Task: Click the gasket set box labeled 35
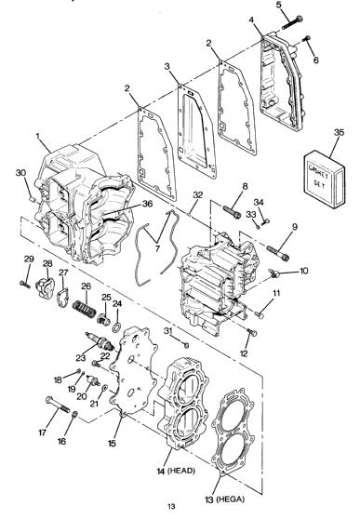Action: [325, 180]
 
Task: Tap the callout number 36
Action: [147, 204]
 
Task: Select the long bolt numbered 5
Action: [292, 21]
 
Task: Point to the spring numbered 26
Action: [84, 308]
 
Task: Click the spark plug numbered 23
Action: [100, 341]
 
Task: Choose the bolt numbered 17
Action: [58, 405]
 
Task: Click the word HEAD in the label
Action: [181, 471]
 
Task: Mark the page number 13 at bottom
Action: [171, 506]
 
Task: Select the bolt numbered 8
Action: [232, 212]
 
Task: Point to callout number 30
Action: [20, 173]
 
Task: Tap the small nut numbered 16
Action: [74, 414]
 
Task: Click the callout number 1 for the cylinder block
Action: [37, 136]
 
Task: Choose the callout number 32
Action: [198, 194]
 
